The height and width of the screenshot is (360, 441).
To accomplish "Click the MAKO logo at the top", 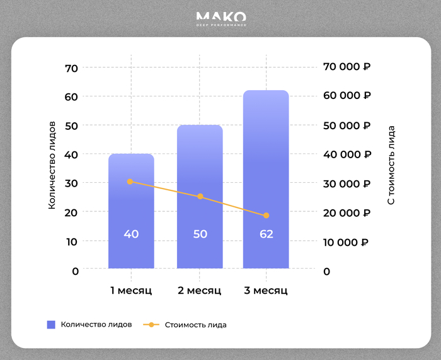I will point(220,19).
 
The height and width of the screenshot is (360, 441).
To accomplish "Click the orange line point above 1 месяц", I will point(130,182).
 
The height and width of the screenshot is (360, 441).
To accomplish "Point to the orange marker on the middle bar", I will point(200,197).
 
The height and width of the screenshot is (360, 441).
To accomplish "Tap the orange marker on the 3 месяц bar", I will point(266,216).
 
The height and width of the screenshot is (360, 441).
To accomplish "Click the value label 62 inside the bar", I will point(266,235).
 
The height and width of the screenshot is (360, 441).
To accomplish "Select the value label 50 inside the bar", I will point(200,235).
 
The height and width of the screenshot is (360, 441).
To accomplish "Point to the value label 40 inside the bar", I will point(131,235).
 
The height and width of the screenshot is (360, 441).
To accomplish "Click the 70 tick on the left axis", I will point(71,67).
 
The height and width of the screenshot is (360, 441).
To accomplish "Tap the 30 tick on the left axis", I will point(71,183).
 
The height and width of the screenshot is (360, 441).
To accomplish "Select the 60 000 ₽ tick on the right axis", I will point(346,96).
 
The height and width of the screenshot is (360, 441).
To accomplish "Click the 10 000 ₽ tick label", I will point(346,242).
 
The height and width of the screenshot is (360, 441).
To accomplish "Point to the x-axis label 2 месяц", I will point(200,291).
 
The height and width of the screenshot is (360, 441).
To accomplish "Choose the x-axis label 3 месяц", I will point(266,291).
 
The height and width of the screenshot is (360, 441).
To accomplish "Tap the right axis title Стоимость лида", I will point(391,165).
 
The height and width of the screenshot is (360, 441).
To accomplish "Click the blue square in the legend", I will point(52,325).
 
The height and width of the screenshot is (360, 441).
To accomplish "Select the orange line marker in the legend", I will point(151,325).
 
